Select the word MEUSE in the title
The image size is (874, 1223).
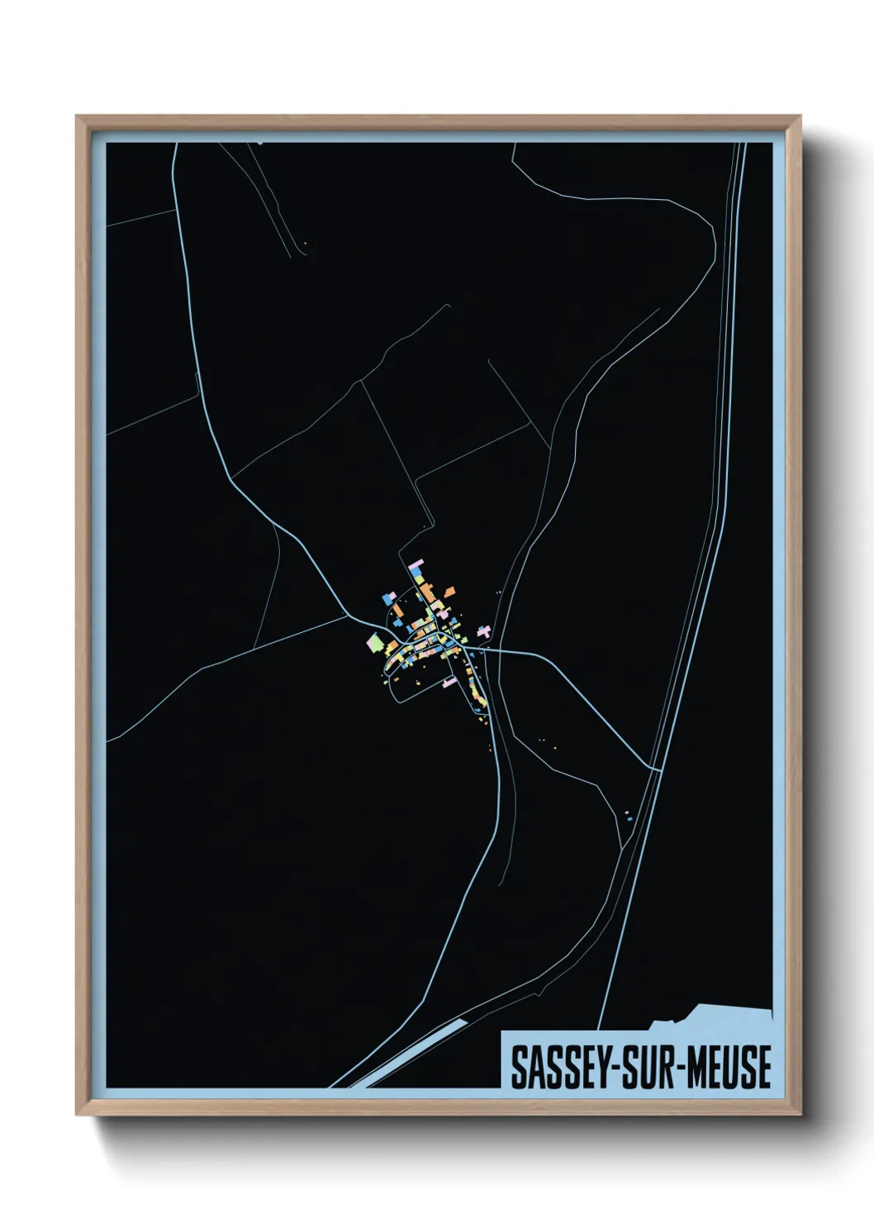coord(730,1067)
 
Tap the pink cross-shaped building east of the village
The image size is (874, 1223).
coord(484,631)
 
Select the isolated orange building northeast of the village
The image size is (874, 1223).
coord(449,592)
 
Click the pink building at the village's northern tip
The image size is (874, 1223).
coord(416,566)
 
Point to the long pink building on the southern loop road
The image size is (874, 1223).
coord(449,683)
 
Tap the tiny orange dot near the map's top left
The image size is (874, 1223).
coord(305,242)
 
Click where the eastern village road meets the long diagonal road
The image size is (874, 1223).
coord(659,770)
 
